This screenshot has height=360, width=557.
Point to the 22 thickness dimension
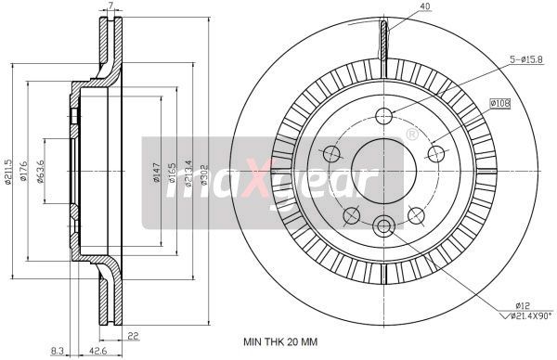(x=134, y=337)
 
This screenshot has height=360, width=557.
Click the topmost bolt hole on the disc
(x=384, y=116)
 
